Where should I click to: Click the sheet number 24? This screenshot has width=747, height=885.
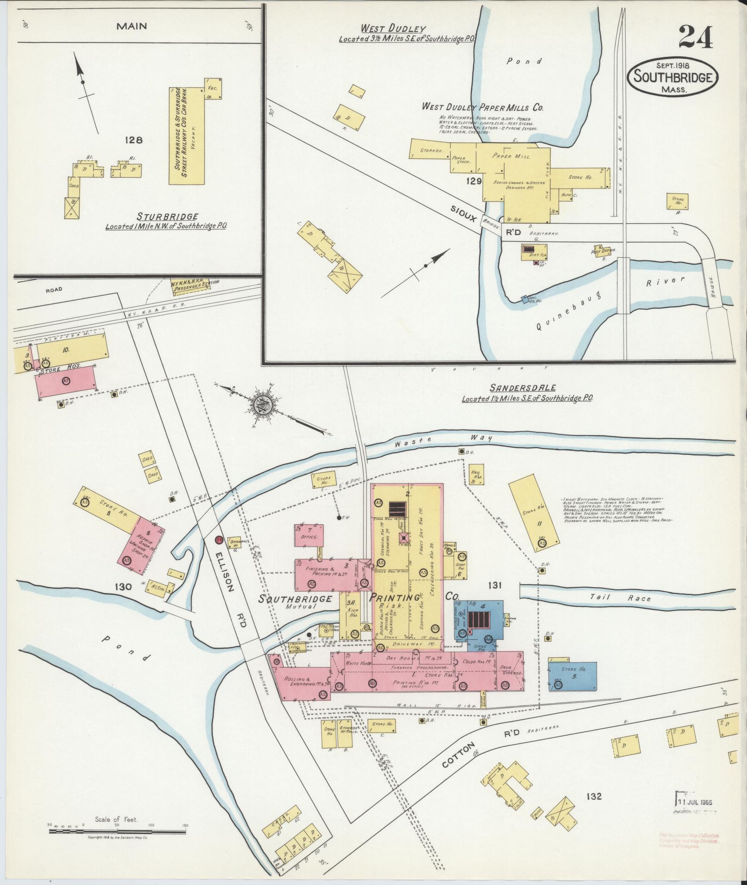point(696,37)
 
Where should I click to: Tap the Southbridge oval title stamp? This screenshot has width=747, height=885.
point(672,77)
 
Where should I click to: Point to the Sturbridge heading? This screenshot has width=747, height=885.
point(168,217)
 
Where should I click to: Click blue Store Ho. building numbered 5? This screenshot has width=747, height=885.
point(572,676)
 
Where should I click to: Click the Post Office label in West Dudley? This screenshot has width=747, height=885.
point(603,250)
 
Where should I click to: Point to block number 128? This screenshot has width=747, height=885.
point(133,140)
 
